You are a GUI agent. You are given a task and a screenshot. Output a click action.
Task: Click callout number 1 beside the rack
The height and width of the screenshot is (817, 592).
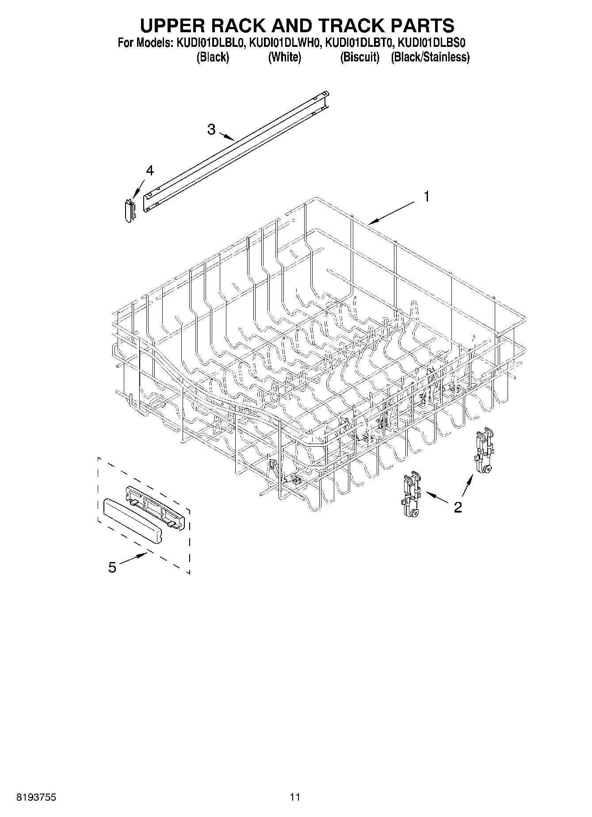click(427, 196)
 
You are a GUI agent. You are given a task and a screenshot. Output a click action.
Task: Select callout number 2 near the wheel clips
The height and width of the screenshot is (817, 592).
click(458, 507)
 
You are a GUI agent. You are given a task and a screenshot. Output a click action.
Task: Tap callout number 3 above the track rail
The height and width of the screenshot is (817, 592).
click(211, 129)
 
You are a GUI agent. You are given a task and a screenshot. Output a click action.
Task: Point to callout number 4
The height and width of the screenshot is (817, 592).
click(150, 171)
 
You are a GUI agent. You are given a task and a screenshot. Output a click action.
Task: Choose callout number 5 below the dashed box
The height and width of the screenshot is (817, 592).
click(112, 567)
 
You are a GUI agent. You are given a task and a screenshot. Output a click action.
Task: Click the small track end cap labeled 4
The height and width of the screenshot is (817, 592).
click(129, 210)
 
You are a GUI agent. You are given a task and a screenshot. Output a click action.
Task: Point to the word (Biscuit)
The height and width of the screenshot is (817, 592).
click(360, 57)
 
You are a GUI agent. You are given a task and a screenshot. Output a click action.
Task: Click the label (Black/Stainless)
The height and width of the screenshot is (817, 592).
click(430, 57)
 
